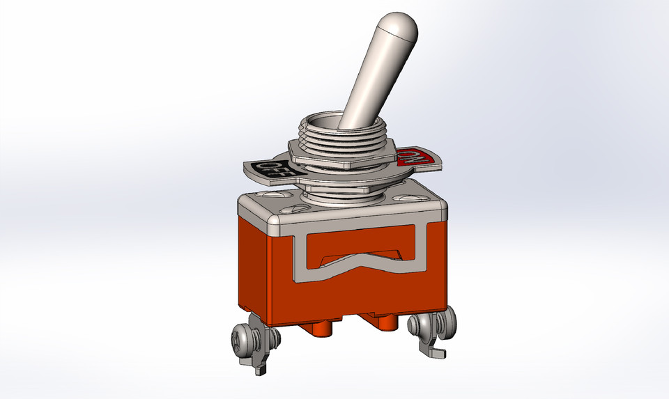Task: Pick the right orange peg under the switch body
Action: tap(387, 323)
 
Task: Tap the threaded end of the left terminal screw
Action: tap(272, 339)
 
